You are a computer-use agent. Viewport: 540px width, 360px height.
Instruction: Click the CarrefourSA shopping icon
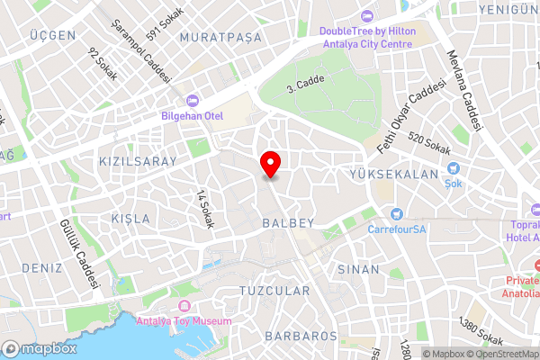coord(396,213)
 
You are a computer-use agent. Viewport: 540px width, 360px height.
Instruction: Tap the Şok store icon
coord(454,167)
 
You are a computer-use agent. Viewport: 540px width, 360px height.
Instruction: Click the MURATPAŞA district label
coord(220,37)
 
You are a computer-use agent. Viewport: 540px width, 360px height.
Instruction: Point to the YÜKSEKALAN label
coord(397,174)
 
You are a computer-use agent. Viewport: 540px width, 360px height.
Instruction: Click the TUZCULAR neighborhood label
coord(274,291)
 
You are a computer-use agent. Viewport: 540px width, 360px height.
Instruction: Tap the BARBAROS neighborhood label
coord(301,336)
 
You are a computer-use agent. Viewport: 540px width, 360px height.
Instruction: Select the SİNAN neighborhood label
coord(358,269)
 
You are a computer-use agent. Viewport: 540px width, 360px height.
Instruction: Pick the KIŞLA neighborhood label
coord(131,220)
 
